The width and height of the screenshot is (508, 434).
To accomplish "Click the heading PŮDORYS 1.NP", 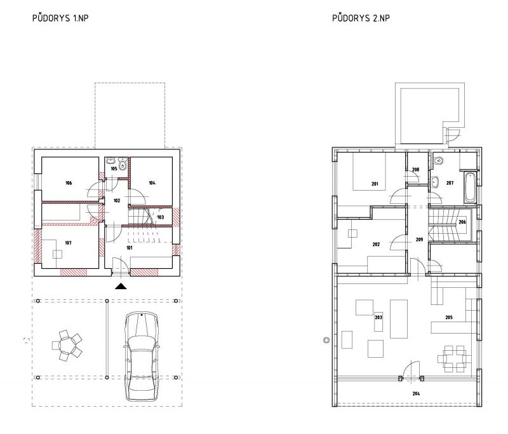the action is (x=60, y=18).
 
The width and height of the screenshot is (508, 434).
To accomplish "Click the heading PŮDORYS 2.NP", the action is (x=361, y=18).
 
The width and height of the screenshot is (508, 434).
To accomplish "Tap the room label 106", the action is (x=69, y=183).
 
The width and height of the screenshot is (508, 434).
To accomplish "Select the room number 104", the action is (x=152, y=183).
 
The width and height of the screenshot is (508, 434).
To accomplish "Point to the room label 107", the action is (x=68, y=243).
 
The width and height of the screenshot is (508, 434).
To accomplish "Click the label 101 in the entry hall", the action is (x=130, y=248).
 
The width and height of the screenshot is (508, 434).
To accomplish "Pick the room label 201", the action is (x=375, y=184).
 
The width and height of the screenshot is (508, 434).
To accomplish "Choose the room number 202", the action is (x=376, y=245).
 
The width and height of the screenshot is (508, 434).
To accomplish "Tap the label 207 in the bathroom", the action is (x=450, y=183).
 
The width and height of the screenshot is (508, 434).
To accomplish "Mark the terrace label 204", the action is (x=417, y=393).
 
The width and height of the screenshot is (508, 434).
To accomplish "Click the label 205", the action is (x=449, y=318).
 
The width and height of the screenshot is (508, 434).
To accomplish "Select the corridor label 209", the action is (x=419, y=240).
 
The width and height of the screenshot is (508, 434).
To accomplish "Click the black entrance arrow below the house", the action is (x=121, y=286).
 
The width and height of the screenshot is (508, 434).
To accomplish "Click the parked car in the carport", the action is (x=141, y=356).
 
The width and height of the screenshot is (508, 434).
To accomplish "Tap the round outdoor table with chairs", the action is (x=67, y=346).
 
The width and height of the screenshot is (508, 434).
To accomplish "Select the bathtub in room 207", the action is (x=470, y=187).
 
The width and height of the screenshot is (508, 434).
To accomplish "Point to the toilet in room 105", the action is (x=123, y=164).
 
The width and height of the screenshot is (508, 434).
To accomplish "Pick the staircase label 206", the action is (x=462, y=222).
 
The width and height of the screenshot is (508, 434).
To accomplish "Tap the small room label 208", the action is (x=416, y=170).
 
